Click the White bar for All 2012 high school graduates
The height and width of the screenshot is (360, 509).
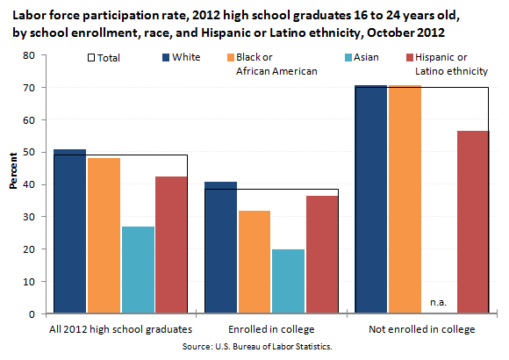(x=70, y=231)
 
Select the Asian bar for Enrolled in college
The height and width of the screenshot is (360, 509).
(x=288, y=281)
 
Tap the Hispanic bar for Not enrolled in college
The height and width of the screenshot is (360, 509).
(x=473, y=222)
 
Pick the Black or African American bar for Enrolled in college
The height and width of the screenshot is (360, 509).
(x=254, y=262)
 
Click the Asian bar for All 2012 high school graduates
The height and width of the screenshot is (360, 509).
(x=138, y=270)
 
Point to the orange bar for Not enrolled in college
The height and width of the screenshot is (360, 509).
(x=405, y=199)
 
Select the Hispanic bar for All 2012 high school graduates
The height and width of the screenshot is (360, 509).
(x=171, y=245)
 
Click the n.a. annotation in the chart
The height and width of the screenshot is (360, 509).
(x=438, y=303)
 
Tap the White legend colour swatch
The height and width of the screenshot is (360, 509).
(x=166, y=57)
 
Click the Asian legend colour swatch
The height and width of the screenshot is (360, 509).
(x=348, y=57)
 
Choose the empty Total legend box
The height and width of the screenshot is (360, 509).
(x=91, y=58)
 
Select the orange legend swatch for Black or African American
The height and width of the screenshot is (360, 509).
(x=231, y=57)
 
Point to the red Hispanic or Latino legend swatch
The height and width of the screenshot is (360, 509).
(x=410, y=57)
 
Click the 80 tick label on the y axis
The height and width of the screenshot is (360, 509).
(x=29, y=55)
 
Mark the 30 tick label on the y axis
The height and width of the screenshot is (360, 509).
(x=29, y=217)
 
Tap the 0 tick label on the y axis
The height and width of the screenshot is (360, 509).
(x=32, y=314)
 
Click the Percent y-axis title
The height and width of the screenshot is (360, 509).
(x=13, y=171)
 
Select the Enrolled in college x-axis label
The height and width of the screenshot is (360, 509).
(x=271, y=329)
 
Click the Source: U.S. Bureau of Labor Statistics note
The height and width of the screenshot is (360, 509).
(x=257, y=347)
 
